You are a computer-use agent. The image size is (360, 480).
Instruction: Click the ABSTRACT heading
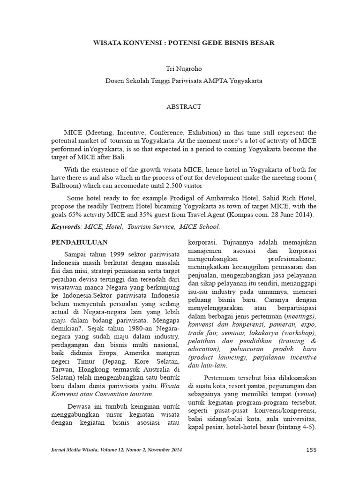pyautogui.click(x=183, y=107)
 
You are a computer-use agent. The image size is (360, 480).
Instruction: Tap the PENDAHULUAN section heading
pyautogui.click(x=79, y=242)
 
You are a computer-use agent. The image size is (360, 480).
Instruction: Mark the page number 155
pyautogui.click(x=311, y=450)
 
